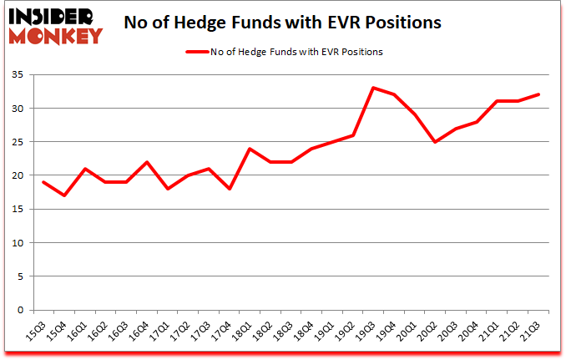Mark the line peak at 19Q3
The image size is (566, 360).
[x=372, y=88]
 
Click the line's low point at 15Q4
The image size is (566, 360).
[x=64, y=195]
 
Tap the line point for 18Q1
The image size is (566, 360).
[x=250, y=149]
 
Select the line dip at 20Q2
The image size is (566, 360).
[x=434, y=142]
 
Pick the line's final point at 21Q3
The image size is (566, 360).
[x=537, y=94]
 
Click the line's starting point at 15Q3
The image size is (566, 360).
[x=43, y=182]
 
